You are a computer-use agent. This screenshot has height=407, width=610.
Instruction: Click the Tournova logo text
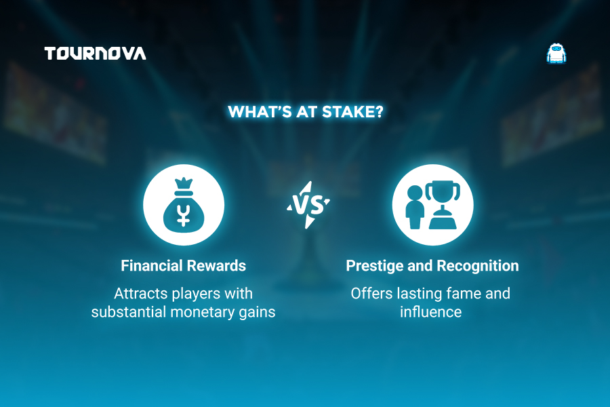[x=96, y=54]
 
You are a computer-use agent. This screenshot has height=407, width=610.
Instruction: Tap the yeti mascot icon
[x=556, y=54]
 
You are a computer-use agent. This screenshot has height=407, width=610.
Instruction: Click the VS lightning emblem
[x=308, y=205]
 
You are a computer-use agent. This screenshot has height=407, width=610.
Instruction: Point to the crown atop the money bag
[x=184, y=183]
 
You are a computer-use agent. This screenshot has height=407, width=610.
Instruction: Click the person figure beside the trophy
[x=415, y=207]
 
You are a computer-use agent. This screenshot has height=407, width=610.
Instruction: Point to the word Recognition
[x=478, y=267]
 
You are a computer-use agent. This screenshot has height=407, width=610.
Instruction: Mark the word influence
[x=430, y=311]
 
